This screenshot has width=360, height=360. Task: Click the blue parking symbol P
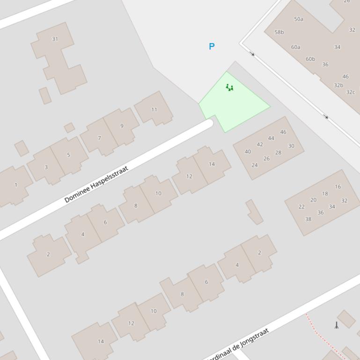point(212,46)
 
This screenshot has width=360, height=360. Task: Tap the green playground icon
point(229,87)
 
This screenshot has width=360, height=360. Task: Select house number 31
point(55,39)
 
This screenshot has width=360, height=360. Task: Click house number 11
point(154,109)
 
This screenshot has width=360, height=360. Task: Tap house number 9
point(122,126)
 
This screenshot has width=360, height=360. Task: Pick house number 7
point(99,138)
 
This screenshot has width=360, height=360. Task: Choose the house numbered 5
point(68,155)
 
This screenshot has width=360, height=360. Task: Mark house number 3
point(46,167)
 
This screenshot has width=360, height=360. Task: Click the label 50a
point(299,19)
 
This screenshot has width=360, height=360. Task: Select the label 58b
point(279,32)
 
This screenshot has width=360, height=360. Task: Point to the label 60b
point(310,59)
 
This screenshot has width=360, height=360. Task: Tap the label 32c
point(351,92)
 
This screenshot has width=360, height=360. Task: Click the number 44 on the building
point(271,138)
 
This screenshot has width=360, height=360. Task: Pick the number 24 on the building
point(255,165)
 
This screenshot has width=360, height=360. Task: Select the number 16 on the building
point(338,187)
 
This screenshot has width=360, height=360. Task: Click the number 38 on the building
point(308,219)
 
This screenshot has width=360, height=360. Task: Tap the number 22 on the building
point(301,206)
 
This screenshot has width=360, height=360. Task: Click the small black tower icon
point(336,325)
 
